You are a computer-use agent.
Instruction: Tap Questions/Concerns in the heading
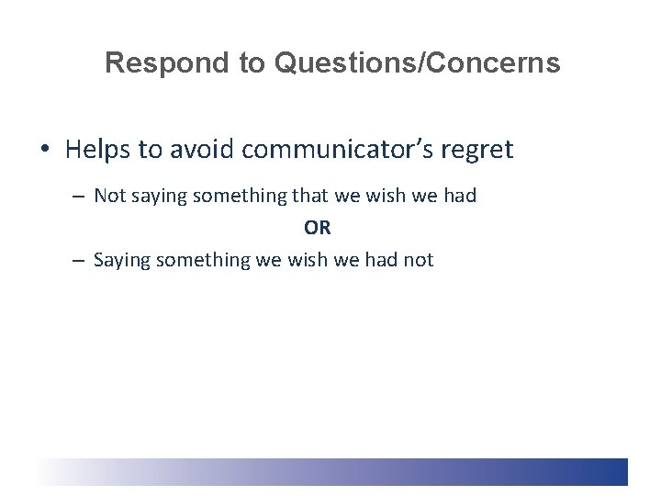coord(416,63)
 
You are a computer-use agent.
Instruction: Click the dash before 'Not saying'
coord(80,196)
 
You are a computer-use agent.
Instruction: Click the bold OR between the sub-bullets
coord(318,228)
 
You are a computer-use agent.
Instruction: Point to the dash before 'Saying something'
coord(80,260)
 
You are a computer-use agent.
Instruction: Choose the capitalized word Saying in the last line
coord(122,261)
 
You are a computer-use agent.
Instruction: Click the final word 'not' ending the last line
coord(418,260)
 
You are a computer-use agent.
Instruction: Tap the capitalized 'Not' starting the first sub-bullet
coord(110,196)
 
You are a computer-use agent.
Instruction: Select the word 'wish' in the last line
coord(308,260)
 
